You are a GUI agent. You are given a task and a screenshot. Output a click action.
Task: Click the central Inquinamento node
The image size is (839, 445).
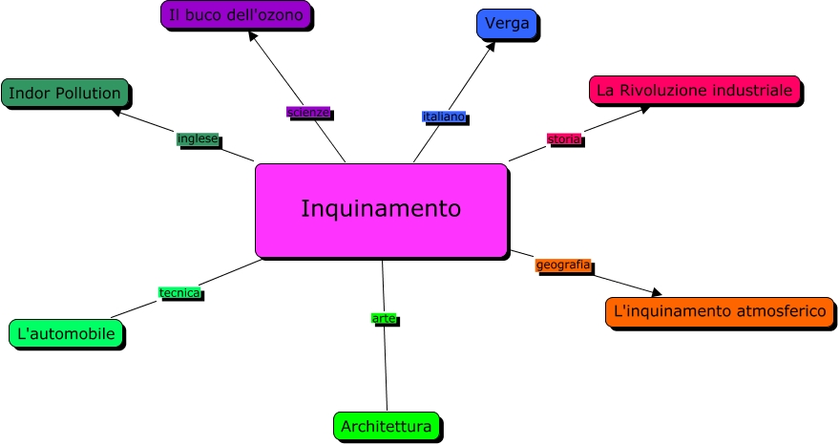(x=381, y=210)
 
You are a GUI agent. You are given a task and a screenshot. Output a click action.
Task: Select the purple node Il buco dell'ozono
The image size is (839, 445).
(x=236, y=15)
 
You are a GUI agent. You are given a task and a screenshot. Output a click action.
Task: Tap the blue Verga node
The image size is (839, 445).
(x=506, y=24)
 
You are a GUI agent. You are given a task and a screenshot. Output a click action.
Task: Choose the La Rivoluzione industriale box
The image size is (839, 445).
(x=694, y=90)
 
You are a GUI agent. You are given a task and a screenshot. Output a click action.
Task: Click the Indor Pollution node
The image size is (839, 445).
(x=64, y=93)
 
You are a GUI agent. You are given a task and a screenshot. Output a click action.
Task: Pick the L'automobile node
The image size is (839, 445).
(x=66, y=333)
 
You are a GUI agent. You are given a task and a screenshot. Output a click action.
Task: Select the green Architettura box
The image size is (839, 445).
(x=386, y=426)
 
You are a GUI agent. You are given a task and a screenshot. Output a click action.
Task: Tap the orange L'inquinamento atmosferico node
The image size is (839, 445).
(x=720, y=311)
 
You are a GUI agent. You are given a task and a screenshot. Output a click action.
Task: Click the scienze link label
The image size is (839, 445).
(x=308, y=112)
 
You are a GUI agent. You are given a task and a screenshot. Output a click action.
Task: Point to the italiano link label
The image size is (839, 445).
(x=444, y=117)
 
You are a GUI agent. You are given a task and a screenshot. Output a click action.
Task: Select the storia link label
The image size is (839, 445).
(x=564, y=138)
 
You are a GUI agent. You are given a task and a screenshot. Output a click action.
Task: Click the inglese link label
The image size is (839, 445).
(x=198, y=138)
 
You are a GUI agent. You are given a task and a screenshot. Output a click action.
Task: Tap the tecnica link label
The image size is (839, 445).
(x=179, y=293)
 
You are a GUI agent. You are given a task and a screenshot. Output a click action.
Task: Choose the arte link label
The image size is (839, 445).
(x=383, y=318)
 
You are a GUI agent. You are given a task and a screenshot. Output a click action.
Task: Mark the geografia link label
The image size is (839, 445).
(x=563, y=265)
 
